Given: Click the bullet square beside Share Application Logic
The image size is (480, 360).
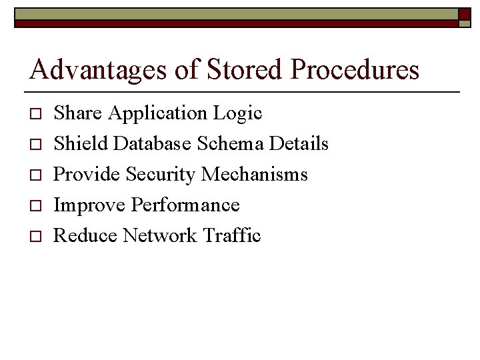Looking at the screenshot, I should coord(37,114).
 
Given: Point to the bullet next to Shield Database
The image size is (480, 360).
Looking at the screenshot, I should coord(37,145).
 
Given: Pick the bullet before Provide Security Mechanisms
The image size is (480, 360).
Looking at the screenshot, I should coord(37,175).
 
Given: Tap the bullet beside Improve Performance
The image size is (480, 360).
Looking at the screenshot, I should coord(37,206).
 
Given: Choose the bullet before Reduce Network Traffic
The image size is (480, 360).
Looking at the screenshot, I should coord(37,237).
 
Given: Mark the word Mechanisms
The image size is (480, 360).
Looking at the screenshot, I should coord(255,174).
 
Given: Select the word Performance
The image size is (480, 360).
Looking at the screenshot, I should coord(185,205).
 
